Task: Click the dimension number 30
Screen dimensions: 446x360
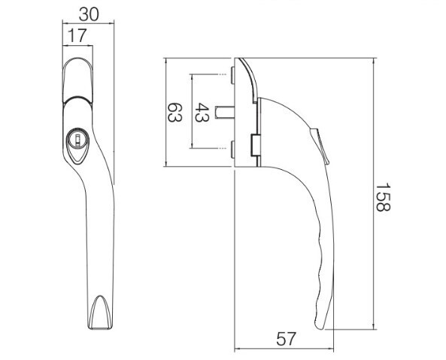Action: pos(89,14)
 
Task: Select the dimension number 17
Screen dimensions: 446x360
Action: pos(77,36)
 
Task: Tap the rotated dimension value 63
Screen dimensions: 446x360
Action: pos(174,112)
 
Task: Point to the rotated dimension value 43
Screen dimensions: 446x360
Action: pos(202,112)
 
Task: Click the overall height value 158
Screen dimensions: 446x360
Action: pos(383,198)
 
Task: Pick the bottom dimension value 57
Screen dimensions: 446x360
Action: pos(286,339)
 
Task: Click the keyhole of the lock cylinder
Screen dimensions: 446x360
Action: pos(77,139)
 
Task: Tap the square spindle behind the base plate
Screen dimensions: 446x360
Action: pos(225,112)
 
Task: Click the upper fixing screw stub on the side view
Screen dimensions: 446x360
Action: pos(232,75)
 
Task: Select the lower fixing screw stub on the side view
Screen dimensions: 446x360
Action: pos(232,150)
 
